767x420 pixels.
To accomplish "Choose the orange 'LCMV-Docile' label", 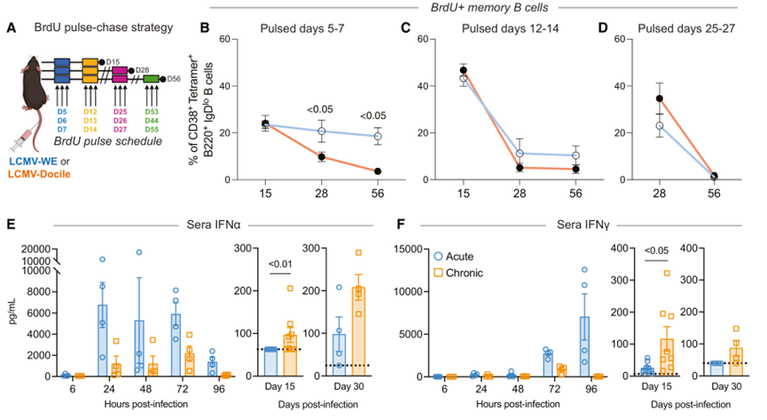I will tap(41, 183).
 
